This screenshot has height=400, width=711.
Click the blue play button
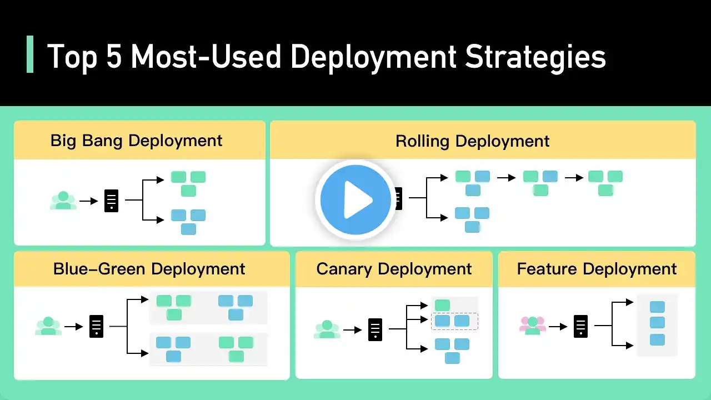[355, 199]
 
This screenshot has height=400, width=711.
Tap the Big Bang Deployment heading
[136, 141]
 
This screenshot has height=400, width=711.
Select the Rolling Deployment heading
[472, 141]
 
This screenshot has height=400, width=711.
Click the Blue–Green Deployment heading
[149, 269]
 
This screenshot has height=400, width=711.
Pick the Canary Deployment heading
[394, 269]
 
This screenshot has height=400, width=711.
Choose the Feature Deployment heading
[597, 269]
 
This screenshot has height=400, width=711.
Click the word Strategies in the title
[535, 57]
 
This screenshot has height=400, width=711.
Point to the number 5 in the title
[113, 57]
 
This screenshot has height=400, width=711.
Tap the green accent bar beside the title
[30, 54]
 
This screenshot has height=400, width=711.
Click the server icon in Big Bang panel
[112, 201]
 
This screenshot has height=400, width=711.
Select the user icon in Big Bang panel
[63, 201]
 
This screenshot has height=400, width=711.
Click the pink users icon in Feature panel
[533, 325]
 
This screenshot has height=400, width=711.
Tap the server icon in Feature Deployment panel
[580, 326]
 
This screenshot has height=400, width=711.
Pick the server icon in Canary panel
[375, 330]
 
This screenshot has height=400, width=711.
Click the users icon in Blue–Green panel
[48, 326]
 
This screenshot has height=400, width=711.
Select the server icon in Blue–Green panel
[96, 326]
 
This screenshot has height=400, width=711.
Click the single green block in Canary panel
[442, 305]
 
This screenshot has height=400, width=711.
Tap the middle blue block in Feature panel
[657, 323]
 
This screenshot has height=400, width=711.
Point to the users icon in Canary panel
[327, 329]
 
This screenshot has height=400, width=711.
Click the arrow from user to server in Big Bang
[89, 201]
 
